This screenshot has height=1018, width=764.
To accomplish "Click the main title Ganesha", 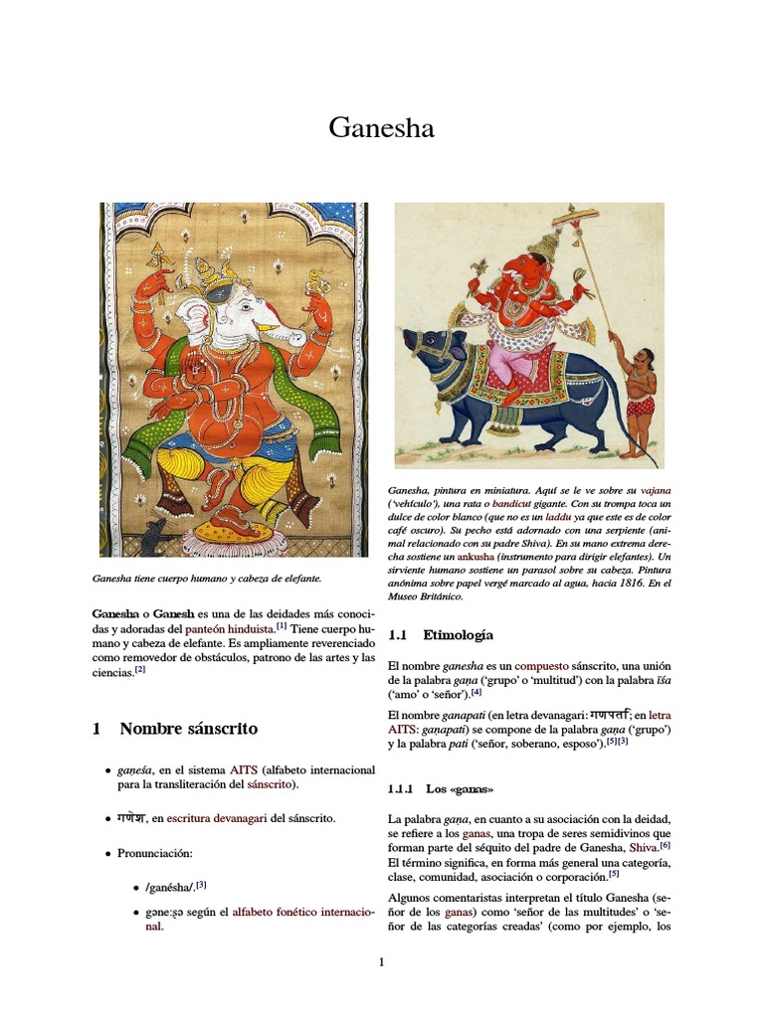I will coord(382,129).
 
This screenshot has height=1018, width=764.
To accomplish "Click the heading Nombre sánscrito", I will coord(188,729).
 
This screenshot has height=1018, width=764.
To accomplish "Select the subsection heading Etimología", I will coord(458,634).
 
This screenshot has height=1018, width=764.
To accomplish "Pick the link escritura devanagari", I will coord(217,818).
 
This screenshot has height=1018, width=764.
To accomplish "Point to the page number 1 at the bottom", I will coord(381,961).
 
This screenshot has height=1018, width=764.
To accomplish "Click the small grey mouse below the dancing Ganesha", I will coord(151,537).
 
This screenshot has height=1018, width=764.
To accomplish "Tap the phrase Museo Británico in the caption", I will coord(438,596).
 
